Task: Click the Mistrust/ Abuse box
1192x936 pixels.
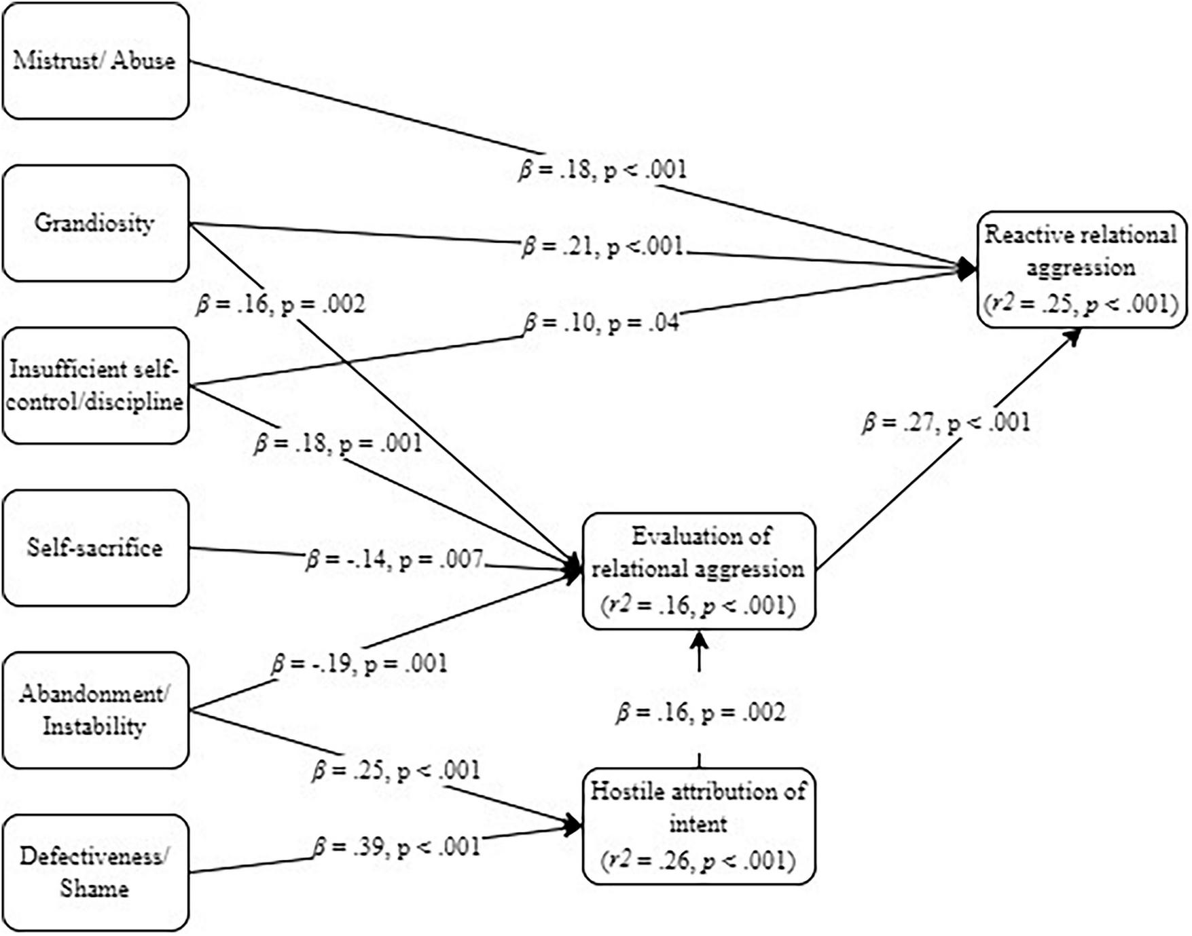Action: [x=95, y=61]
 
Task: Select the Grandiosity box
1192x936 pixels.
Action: [x=95, y=223]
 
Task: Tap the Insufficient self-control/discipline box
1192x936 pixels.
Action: [x=95, y=386]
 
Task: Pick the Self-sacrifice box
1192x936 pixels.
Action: [x=95, y=548]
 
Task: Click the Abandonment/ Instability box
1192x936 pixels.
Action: [x=95, y=710]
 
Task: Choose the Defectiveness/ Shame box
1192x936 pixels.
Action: [x=95, y=872]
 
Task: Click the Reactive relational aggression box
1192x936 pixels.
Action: [x=1081, y=269]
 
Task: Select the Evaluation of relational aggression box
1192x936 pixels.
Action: [x=699, y=570]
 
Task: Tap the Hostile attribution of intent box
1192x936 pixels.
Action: [x=699, y=825]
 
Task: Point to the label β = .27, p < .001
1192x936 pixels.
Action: [x=946, y=423]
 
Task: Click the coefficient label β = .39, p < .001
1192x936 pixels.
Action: [x=397, y=847]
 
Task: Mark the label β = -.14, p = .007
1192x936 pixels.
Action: [x=395, y=560]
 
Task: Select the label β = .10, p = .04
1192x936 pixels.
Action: [x=602, y=322]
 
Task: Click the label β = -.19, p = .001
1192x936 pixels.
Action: [x=359, y=663]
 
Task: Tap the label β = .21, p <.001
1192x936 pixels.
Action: [x=602, y=246]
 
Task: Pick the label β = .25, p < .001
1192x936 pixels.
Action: [x=396, y=771]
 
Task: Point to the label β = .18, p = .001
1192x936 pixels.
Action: [x=338, y=444]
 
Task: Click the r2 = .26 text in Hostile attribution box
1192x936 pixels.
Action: [x=699, y=861]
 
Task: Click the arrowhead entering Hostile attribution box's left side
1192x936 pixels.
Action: [x=574, y=826]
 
